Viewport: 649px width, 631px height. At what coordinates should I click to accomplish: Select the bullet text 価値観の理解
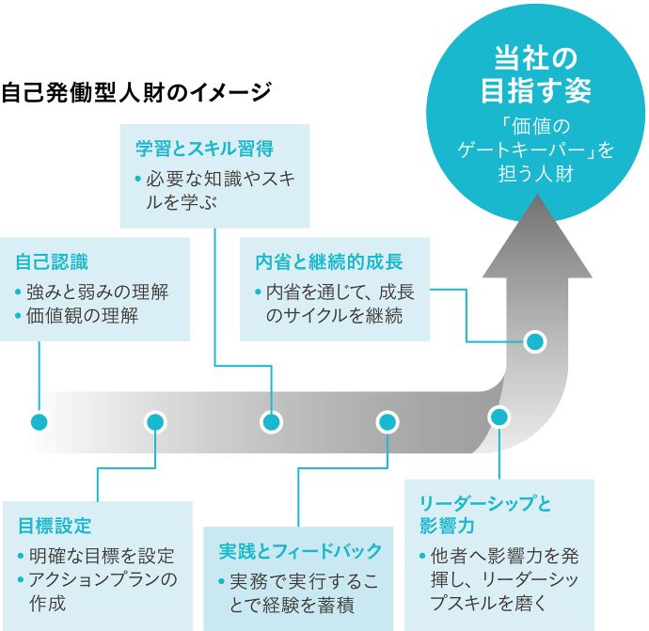tap(84, 316)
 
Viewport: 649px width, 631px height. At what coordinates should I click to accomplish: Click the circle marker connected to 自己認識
tap(39, 420)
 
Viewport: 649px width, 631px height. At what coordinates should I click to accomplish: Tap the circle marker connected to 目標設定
tap(156, 420)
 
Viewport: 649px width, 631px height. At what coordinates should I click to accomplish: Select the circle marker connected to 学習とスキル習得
tap(272, 420)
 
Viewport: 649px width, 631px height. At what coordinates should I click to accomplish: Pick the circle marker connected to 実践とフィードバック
tap(387, 420)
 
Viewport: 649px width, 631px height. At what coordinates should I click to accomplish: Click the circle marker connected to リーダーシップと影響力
tap(499, 416)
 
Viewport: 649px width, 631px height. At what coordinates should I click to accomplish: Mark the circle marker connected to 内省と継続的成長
tap(534, 340)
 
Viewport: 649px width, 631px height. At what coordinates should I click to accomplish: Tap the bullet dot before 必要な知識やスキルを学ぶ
tap(137, 178)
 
